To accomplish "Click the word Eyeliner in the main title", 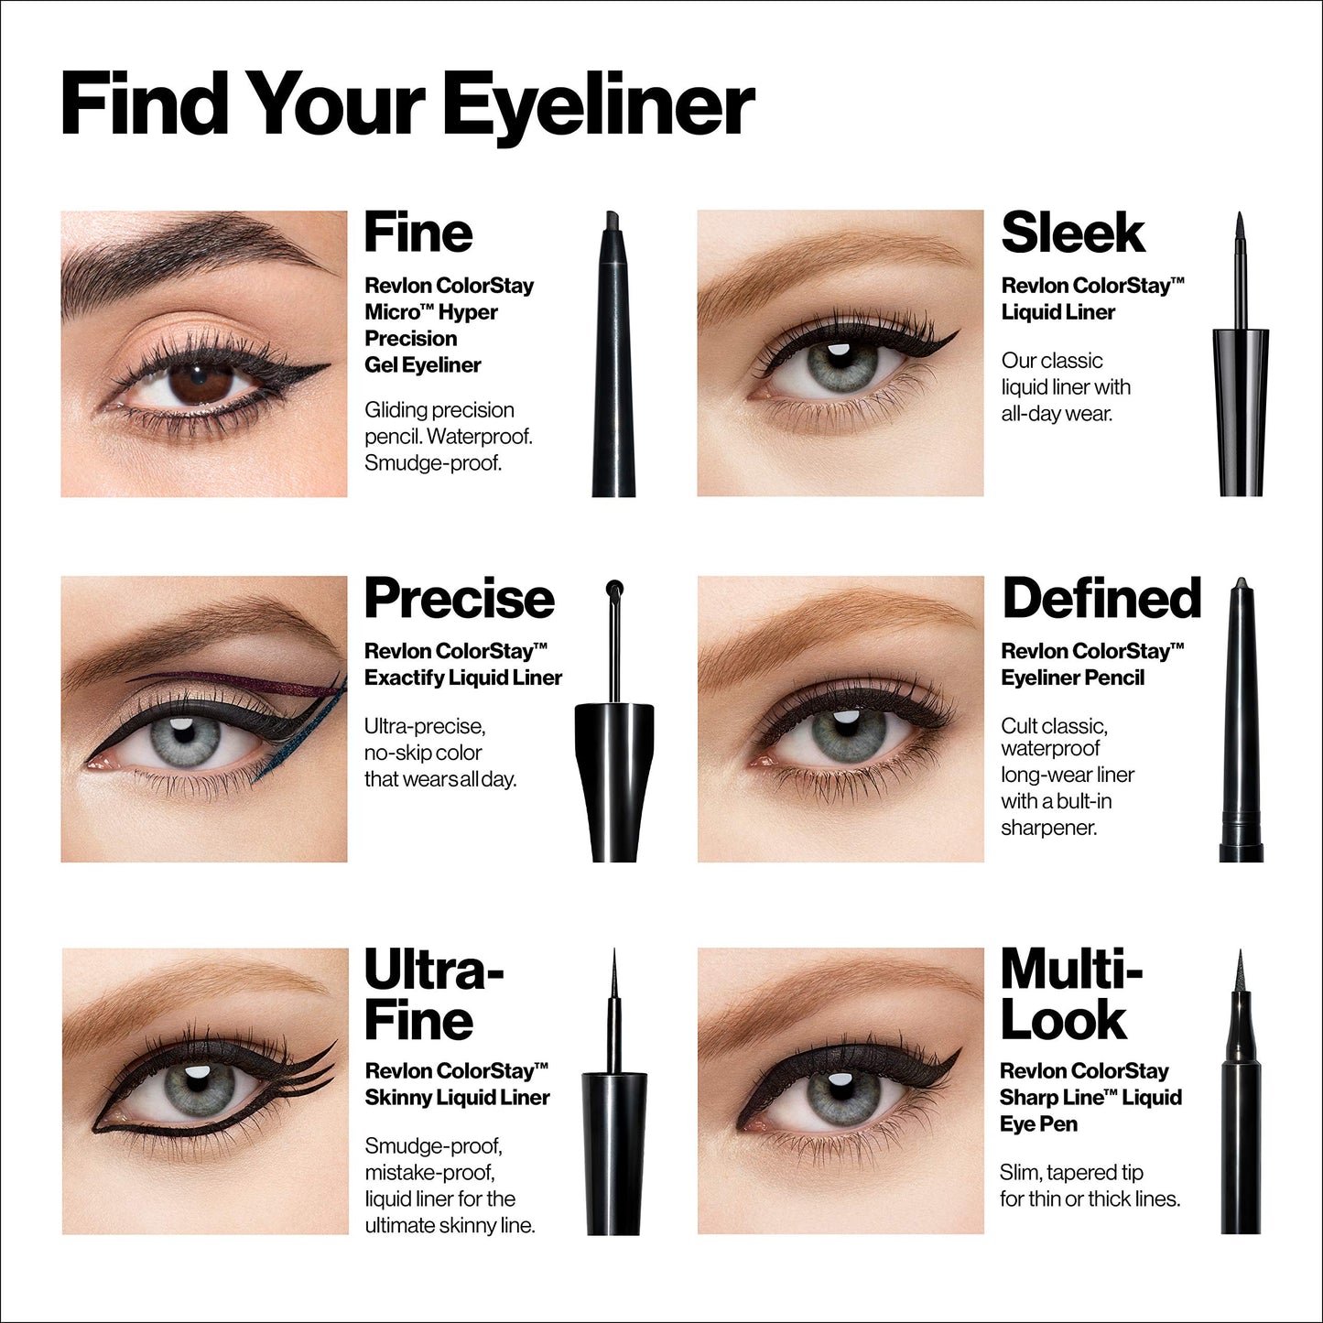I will [x=600, y=106].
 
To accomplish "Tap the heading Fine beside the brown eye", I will [x=418, y=233].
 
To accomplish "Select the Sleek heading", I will [x=1072, y=233].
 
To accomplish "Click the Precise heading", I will [x=459, y=599].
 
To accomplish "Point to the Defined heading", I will [x=1101, y=599].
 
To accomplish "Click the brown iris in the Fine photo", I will [x=203, y=382].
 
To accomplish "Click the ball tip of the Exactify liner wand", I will [x=614, y=588].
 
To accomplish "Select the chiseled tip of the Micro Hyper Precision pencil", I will [x=611, y=221].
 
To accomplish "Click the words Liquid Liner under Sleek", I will [x=1057, y=312].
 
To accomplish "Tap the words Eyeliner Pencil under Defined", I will [x=1072, y=678].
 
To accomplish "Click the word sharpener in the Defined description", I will [x=1048, y=828].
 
